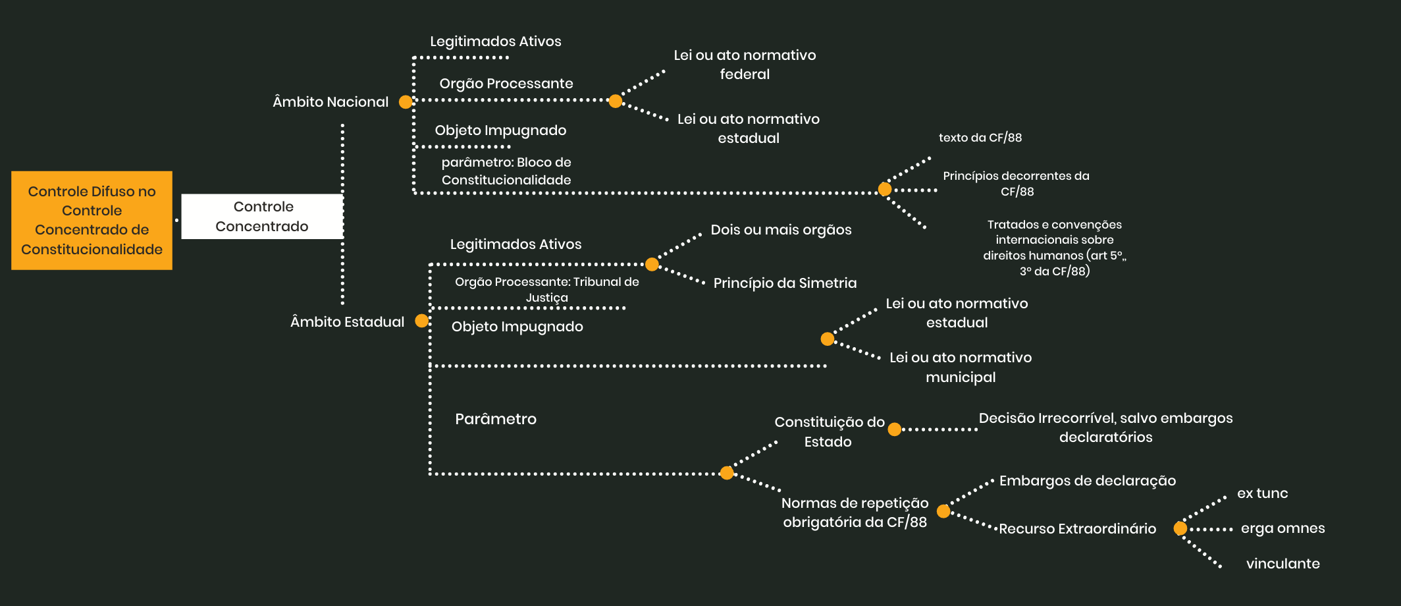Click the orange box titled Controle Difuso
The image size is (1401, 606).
point(92,220)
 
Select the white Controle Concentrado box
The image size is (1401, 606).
point(262,216)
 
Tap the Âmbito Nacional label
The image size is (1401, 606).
point(330,102)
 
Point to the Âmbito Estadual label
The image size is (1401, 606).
point(347,322)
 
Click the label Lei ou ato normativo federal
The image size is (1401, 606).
point(745,65)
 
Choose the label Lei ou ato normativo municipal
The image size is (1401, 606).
point(961,367)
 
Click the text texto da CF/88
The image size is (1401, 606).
point(980,138)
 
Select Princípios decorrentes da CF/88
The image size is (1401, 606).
point(1016,184)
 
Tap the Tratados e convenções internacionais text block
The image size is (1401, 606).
point(1054,248)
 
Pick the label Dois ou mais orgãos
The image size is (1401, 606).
point(781,230)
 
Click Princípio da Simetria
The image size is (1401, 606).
point(785,283)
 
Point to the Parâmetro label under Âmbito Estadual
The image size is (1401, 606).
point(496,419)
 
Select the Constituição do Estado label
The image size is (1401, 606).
point(829,431)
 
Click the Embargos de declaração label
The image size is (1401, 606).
point(1087,481)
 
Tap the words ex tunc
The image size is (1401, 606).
point(1262,493)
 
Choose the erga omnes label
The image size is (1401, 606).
point(1282,528)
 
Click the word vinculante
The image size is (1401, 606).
point(1282,564)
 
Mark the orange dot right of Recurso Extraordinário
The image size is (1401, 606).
point(1180,528)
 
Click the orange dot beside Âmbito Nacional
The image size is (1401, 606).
point(406,102)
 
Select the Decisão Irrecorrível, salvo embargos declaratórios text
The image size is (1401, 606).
point(1105,427)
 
